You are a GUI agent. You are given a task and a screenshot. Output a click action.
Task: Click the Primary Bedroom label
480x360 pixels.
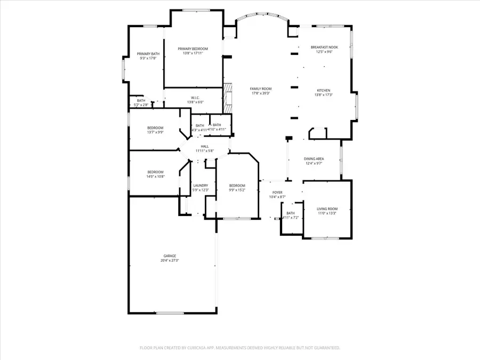click(x=193, y=49)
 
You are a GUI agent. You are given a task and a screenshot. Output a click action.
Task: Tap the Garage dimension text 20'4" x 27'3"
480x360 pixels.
click(x=169, y=261)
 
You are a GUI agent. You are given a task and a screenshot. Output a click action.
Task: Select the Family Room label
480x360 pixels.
click(x=261, y=89)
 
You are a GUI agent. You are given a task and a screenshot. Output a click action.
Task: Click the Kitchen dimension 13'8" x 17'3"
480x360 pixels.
click(x=324, y=95)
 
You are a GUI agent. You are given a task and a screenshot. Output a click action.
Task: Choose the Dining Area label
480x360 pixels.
click(x=314, y=159)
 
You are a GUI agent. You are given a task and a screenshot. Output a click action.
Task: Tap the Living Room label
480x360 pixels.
click(x=327, y=209)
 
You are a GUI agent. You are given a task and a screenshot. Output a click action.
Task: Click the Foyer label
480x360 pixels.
click(x=277, y=193)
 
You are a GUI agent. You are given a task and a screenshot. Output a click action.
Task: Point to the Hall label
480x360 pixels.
click(x=204, y=146)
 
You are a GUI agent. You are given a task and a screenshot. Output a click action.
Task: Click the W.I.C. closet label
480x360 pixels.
click(x=195, y=98)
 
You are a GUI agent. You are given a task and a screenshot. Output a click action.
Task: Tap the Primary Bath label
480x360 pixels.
click(x=148, y=54)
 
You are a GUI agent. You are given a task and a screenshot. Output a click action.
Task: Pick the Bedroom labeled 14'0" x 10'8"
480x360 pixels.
click(x=155, y=171)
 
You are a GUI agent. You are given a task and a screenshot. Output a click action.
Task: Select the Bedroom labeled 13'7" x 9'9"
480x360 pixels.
click(x=155, y=128)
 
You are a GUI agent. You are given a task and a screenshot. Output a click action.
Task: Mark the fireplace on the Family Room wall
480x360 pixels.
click(x=228, y=98)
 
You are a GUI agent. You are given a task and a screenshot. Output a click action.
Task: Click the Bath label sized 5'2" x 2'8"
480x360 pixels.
click(x=141, y=100)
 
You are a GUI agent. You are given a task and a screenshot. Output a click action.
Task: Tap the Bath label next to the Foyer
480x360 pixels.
click(x=291, y=213)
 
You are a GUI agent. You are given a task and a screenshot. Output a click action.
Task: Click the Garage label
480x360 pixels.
click(x=169, y=256)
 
